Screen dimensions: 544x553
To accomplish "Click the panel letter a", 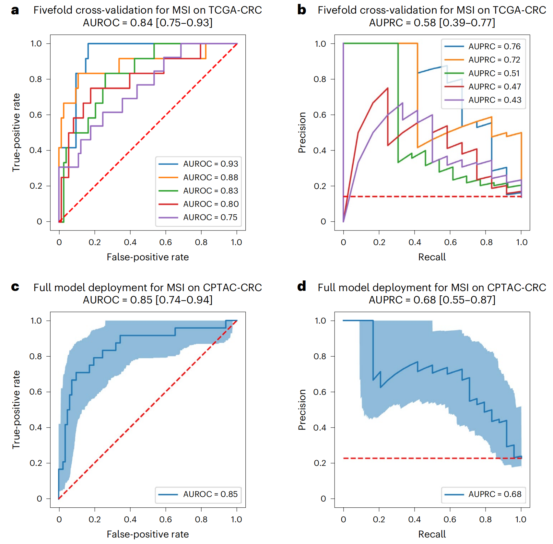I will point(15,10).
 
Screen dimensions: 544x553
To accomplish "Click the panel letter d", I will point(302,286).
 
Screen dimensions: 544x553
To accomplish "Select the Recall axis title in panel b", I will point(432,257).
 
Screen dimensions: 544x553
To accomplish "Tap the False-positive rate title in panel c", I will point(147,534).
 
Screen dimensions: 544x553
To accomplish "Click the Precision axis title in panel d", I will point(302,409).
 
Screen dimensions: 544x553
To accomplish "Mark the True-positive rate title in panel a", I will point(16,132).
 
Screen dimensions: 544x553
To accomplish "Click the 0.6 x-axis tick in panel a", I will point(166,242).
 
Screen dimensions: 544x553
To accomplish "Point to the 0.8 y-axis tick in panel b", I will point(320,79).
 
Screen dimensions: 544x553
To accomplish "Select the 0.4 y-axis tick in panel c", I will point(36,427).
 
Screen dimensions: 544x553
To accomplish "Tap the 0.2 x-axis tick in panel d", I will point(379,519).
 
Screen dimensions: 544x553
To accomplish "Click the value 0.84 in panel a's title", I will point(141,23).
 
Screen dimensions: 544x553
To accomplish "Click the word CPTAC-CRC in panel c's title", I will point(232,288).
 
